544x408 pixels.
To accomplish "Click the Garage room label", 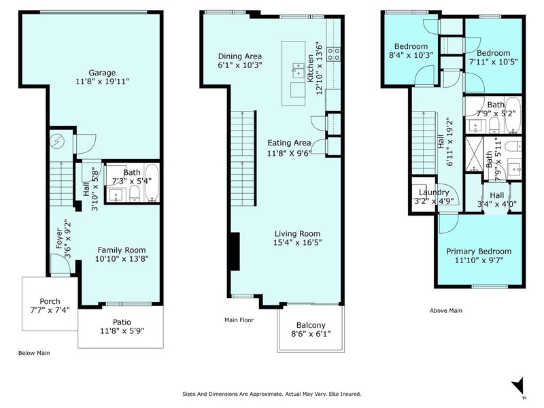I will (x=101, y=73).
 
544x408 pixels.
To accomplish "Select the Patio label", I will (x=121, y=322).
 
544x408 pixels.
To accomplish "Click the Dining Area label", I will (x=240, y=56).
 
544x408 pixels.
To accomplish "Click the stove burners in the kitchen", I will (x=334, y=54).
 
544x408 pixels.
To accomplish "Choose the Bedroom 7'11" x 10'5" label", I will (x=493, y=53).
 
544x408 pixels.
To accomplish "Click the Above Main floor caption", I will (x=445, y=311).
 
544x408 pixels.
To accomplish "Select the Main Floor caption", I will (x=239, y=319).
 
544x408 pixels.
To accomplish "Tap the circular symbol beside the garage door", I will (x=58, y=142).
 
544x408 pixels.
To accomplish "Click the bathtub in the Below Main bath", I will (x=152, y=184).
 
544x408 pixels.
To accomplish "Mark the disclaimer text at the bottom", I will (x=272, y=394).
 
